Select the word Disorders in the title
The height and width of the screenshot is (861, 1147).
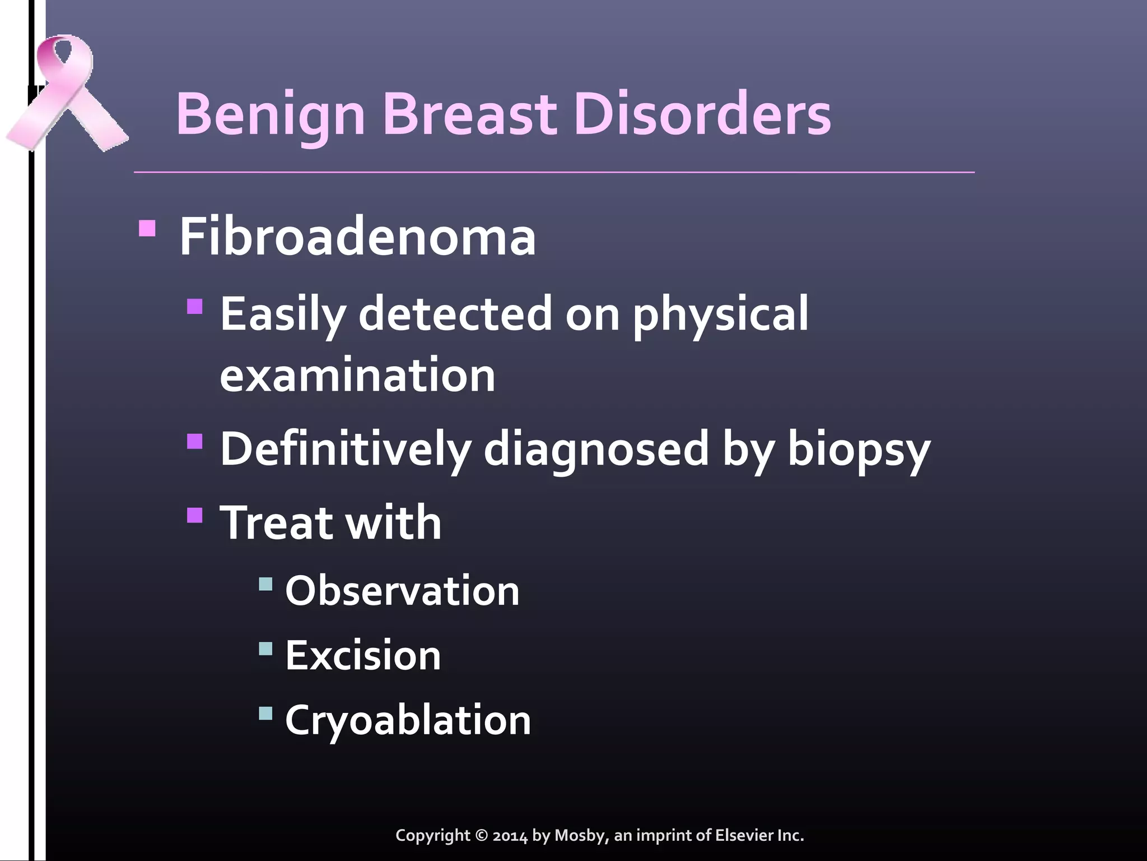702,115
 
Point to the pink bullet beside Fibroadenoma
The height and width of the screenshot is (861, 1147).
147,229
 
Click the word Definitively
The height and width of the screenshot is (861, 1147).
345,448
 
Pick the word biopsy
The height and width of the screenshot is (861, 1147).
859,448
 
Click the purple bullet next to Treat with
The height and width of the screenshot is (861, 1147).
195,515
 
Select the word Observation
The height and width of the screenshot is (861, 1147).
402,591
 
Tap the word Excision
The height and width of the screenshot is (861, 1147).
363,655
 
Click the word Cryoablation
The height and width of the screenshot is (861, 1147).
408,720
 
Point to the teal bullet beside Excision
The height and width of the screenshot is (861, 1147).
265,650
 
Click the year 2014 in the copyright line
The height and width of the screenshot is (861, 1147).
510,836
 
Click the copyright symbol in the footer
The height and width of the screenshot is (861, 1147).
482,836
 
